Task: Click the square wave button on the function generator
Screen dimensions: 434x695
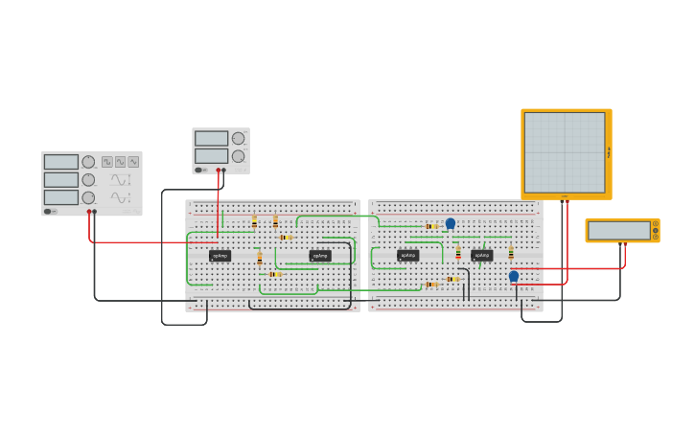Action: (107, 162)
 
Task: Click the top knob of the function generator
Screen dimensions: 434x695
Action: (88, 162)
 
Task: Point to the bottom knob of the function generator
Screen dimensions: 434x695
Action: (88, 197)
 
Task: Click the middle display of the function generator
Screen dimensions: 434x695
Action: (60, 180)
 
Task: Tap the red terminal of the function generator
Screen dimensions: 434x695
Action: (88, 212)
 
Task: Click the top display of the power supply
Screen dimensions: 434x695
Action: (211, 139)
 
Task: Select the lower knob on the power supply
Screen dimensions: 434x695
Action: (238, 156)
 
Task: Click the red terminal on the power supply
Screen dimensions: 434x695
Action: (218, 171)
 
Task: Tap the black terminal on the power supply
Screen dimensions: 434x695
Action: (223, 171)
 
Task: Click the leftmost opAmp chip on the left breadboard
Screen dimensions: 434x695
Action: (220, 256)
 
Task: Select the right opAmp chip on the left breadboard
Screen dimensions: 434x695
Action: (319, 256)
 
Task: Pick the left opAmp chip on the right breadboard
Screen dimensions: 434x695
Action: (407, 256)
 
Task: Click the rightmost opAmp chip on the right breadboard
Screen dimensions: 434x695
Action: (481, 256)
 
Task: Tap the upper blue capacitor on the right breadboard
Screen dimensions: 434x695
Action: (451, 223)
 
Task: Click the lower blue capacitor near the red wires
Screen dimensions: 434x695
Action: (514, 276)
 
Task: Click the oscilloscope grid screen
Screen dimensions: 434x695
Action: (565, 152)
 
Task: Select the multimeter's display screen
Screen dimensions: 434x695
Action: (619, 231)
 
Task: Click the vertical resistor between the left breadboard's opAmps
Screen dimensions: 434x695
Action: (259, 259)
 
